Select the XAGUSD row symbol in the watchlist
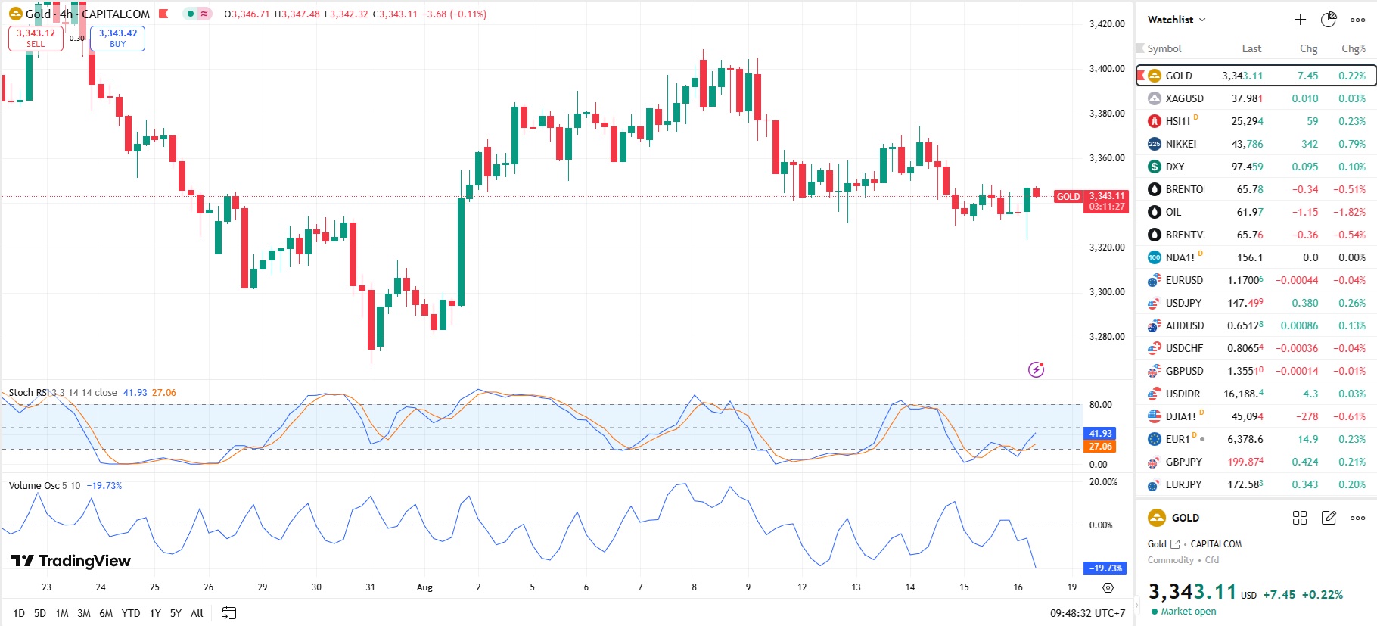click(1184, 98)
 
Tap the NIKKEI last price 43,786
click(1247, 144)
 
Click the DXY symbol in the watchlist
click(1175, 167)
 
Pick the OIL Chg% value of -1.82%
click(1349, 212)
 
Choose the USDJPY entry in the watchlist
click(1183, 303)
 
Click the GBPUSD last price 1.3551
click(1245, 371)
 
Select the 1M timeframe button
click(62, 613)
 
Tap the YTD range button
click(131, 613)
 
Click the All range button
click(197, 613)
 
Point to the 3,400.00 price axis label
click(1107, 69)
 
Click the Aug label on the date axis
click(424, 587)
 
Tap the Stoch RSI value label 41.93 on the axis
click(1100, 434)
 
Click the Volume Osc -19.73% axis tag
click(1105, 568)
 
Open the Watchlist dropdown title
click(1176, 20)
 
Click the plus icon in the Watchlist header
click(1300, 20)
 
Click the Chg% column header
click(1353, 48)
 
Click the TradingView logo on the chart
click(71, 561)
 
